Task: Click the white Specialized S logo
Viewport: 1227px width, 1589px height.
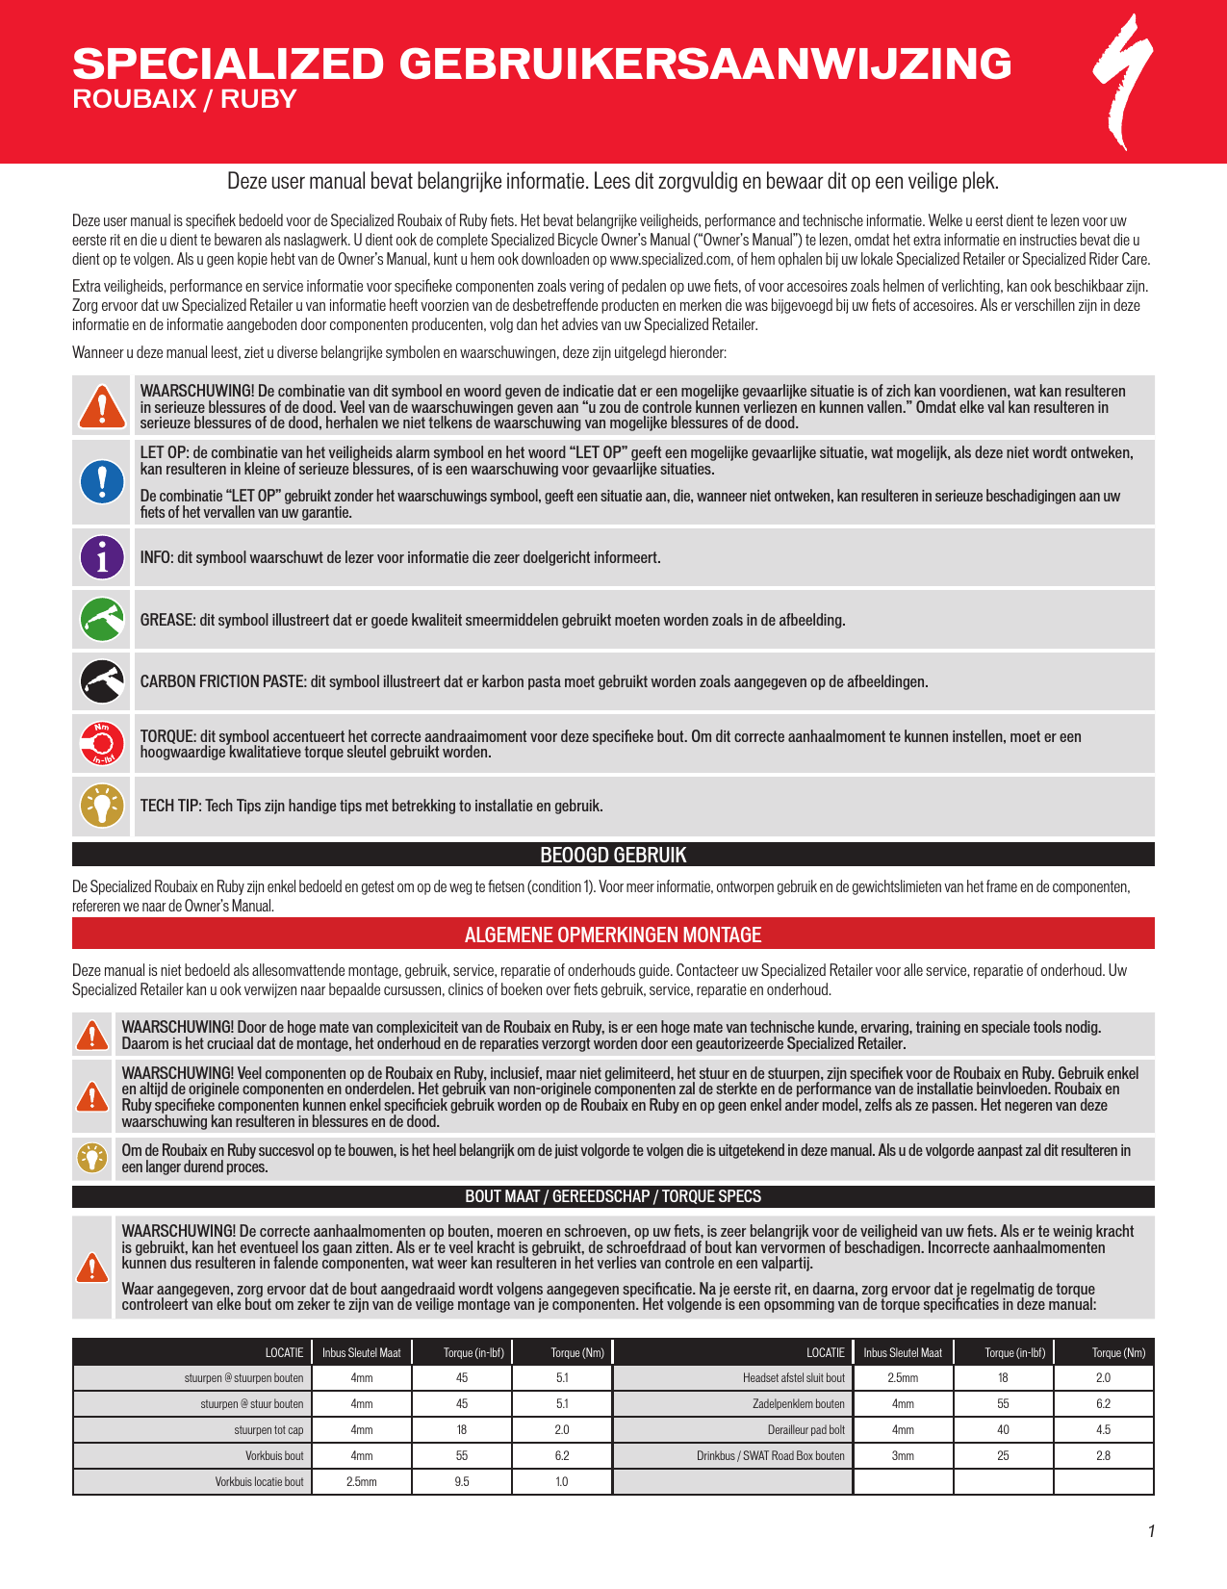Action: coord(1123,82)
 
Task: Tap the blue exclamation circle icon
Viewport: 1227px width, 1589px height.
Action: coord(102,481)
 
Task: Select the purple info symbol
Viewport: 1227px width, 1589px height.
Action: coord(102,557)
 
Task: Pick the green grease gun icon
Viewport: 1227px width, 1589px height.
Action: coord(102,620)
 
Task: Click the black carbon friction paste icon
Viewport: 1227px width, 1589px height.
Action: coord(102,681)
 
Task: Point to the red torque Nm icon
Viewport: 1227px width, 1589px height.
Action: coord(102,743)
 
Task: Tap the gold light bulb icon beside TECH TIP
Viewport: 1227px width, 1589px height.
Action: coord(102,806)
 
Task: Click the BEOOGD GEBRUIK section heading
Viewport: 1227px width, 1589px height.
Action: coord(613,855)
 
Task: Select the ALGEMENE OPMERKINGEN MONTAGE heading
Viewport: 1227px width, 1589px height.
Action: coord(613,935)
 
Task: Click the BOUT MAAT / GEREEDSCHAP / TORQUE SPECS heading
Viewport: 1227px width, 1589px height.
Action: coord(613,1196)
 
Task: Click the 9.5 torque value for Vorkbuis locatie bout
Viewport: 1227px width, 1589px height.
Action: coord(462,1481)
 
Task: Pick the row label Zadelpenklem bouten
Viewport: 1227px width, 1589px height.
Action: coord(798,1403)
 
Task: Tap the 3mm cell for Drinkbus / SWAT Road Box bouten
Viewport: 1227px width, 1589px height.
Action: coord(903,1455)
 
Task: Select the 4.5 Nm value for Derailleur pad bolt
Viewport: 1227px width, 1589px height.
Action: coord(1103,1429)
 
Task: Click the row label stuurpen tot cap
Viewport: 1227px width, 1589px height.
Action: coord(268,1429)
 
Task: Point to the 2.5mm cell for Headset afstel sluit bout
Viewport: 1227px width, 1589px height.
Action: coord(903,1377)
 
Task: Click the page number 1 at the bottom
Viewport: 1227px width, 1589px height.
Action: coord(1151,1531)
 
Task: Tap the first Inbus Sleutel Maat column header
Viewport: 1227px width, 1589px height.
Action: coord(361,1352)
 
